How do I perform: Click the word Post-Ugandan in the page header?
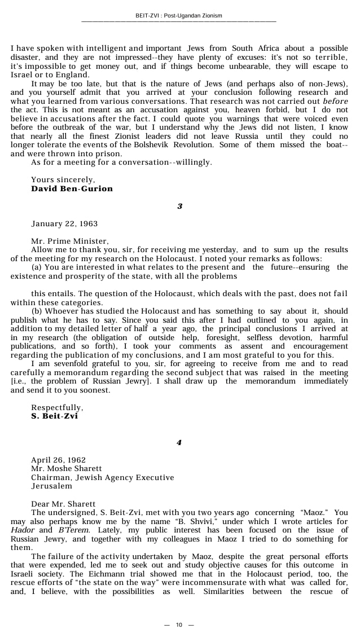click(186, 16)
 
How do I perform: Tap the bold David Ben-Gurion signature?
click(72, 188)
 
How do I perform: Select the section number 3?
click(180, 206)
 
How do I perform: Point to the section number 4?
click(179, 442)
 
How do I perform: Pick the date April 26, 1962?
click(58, 460)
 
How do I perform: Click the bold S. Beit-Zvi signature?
click(54, 416)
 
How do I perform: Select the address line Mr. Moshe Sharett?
click(67, 468)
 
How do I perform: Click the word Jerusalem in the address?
click(51, 486)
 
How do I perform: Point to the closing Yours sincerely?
click(63, 180)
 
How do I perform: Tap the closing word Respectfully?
click(57, 407)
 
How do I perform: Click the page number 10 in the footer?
click(179, 624)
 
